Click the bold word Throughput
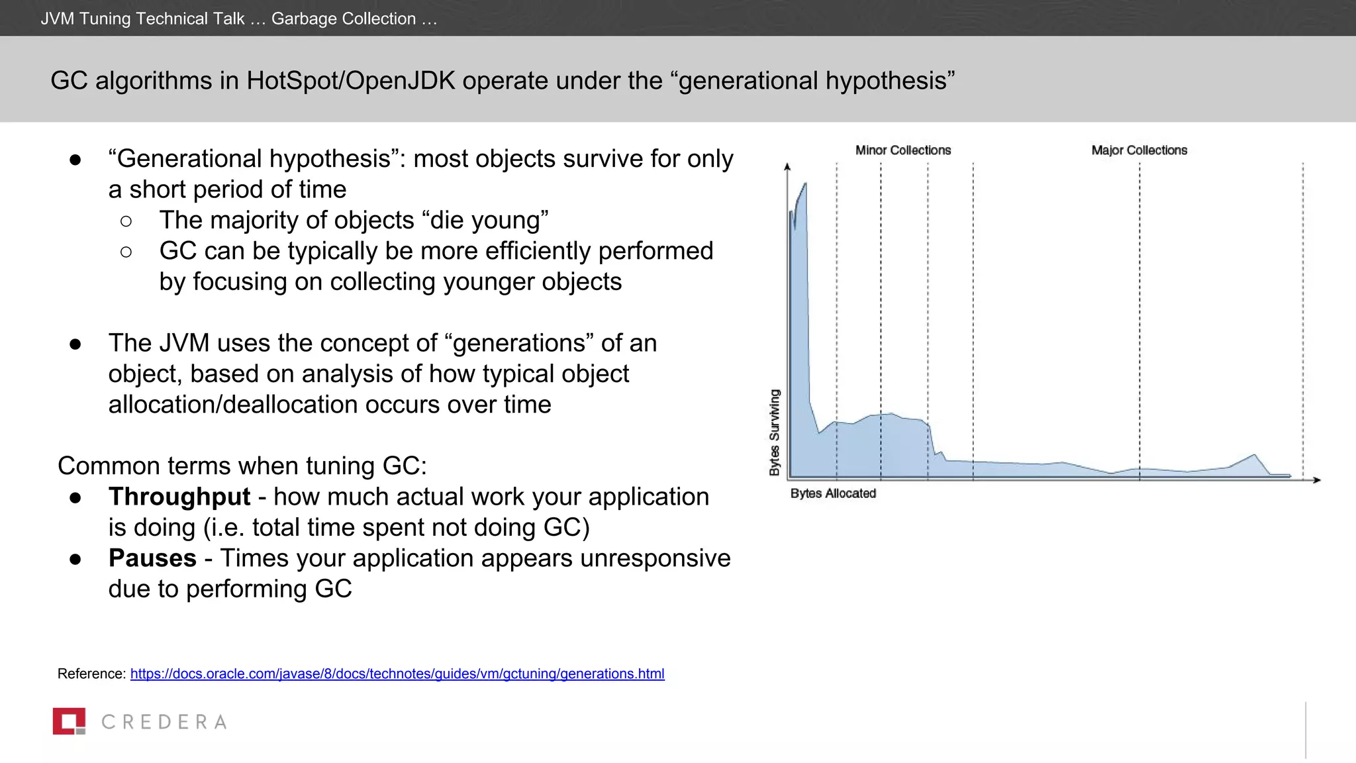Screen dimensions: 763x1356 pyautogui.click(x=179, y=497)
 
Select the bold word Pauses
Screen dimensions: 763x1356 pyautogui.click(x=152, y=558)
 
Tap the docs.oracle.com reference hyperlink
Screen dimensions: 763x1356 pyautogui.click(x=397, y=674)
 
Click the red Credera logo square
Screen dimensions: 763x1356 pyautogui.click(x=69, y=721)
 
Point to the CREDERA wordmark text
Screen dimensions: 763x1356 pyautogui.click(x=164, y=722)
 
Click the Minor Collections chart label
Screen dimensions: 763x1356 pyautogui.click(x=902, y=150)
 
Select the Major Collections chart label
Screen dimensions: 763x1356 pyautogui.click(x=1139, y=150)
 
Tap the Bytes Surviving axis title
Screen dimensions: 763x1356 pyautogui.click(x=774, y=432)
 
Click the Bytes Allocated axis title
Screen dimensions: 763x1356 pyautogui.click(x=833, y=493)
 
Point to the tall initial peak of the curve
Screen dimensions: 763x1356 pyautogui.click(x=804, y=189)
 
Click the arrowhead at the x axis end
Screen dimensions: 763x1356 pyautogui.click(x=1317, y=480)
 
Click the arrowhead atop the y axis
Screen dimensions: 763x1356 pyautogui.click(x=787, y=167)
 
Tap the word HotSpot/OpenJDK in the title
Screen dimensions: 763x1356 pyautogui.click(x=351, y=81)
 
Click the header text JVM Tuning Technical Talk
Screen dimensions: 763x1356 pyautogui.click(x=142, y=19)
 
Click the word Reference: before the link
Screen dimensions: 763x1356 pyautogui.click(x=91, y=674)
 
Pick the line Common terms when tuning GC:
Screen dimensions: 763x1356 pyautogui.click(x=242, y=466)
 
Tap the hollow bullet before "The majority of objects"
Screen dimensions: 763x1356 pyautogui.click(x=126, y=221)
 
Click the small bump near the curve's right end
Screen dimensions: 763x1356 pyautogui.click(x=1253, y=456)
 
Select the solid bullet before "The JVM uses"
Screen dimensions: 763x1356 pyautogui.click(x=75, y=344)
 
